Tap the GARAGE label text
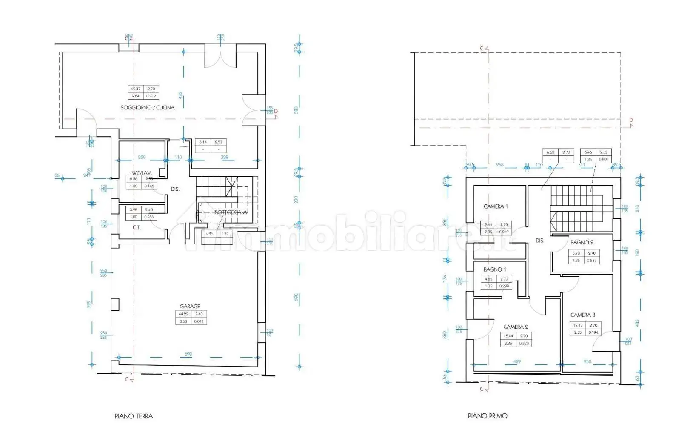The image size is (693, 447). point(190,306)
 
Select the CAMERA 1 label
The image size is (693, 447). point(496,206)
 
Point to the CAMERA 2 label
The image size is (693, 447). point(516,327)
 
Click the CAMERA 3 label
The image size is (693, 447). point(582,315)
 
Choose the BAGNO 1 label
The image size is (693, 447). point(495,269)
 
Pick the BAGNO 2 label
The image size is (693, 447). point(582,242)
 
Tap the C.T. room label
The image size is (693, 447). point(137,228)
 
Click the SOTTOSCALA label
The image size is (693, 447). point(230,212)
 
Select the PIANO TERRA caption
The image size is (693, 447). point(134,416)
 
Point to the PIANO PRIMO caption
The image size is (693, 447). point(488,416)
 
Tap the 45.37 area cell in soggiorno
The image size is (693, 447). point(136,89)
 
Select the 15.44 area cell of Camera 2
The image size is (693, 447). point(508,336)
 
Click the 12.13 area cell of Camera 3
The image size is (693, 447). point(578,325)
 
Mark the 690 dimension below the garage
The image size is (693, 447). point(188,354)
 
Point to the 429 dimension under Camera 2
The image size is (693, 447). point(516,361)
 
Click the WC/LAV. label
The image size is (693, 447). point(142,173)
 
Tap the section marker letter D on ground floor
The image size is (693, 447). point(276,112)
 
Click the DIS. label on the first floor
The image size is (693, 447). point(540,241)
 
